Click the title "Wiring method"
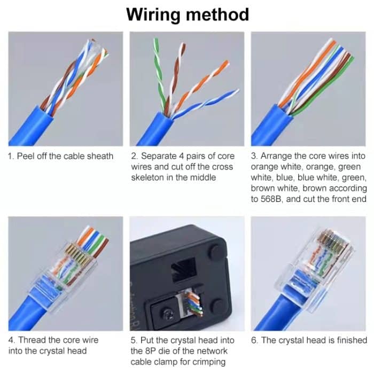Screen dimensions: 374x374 tap(187, 14)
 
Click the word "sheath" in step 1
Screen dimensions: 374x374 tap(99, 156)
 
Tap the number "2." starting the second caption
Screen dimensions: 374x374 tap(135, 156)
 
